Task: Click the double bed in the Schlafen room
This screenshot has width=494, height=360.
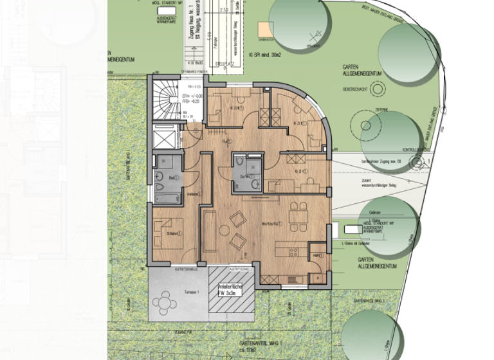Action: click(x=170, y=235)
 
